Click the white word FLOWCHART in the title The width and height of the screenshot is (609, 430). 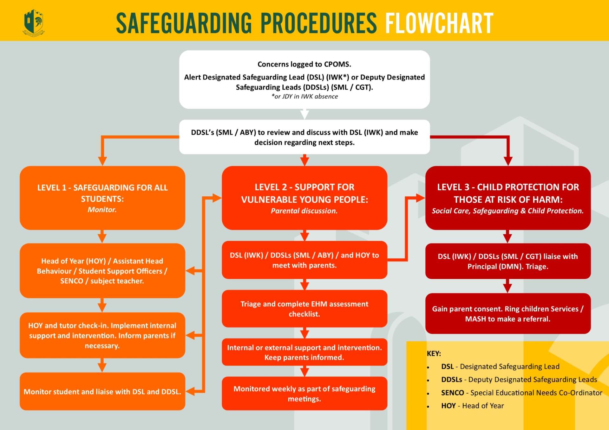point(439,23)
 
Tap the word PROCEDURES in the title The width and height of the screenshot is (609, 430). point(318,23)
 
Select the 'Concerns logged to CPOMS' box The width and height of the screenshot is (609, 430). point(304,79)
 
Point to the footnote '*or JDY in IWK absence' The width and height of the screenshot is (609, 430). point(304,97)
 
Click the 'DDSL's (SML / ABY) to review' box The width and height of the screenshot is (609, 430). point(304,137)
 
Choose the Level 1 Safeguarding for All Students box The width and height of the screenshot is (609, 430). point(102,198)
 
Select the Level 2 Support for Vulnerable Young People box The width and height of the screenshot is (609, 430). point(304,198)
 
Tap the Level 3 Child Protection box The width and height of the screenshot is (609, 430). point(507,198)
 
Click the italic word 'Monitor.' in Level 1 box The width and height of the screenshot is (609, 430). point(102,210)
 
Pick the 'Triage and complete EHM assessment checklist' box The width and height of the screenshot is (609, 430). point(304,309)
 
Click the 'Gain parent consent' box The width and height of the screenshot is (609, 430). point(507,313)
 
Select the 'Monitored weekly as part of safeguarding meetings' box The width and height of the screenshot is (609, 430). point(304,394)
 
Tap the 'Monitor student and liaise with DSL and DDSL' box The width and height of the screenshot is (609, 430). point(102,392)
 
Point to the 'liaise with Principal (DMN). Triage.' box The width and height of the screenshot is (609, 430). point(507,261)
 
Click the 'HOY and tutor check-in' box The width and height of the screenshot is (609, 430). point(102,335)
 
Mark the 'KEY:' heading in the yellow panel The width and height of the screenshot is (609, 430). point(434,353)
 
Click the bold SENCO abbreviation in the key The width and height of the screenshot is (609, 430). point(452,393)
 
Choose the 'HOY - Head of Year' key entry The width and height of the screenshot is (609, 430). point(472,406)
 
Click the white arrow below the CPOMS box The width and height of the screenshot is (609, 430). point(304,114)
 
